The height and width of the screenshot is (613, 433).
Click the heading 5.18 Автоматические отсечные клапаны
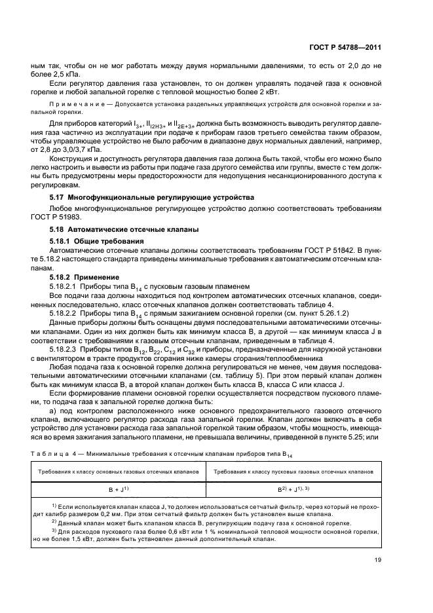pyautogui.click(x=121, y=230)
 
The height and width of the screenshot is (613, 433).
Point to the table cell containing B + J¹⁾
pyautogui.click(x=119, y=489)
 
